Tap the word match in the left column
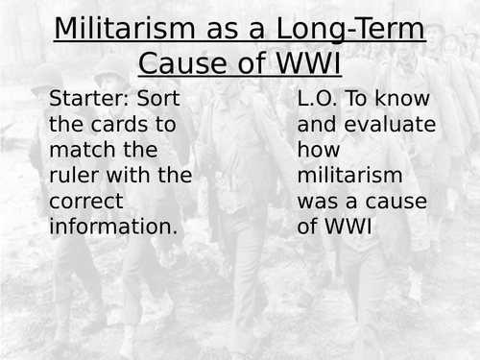(80, 151)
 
